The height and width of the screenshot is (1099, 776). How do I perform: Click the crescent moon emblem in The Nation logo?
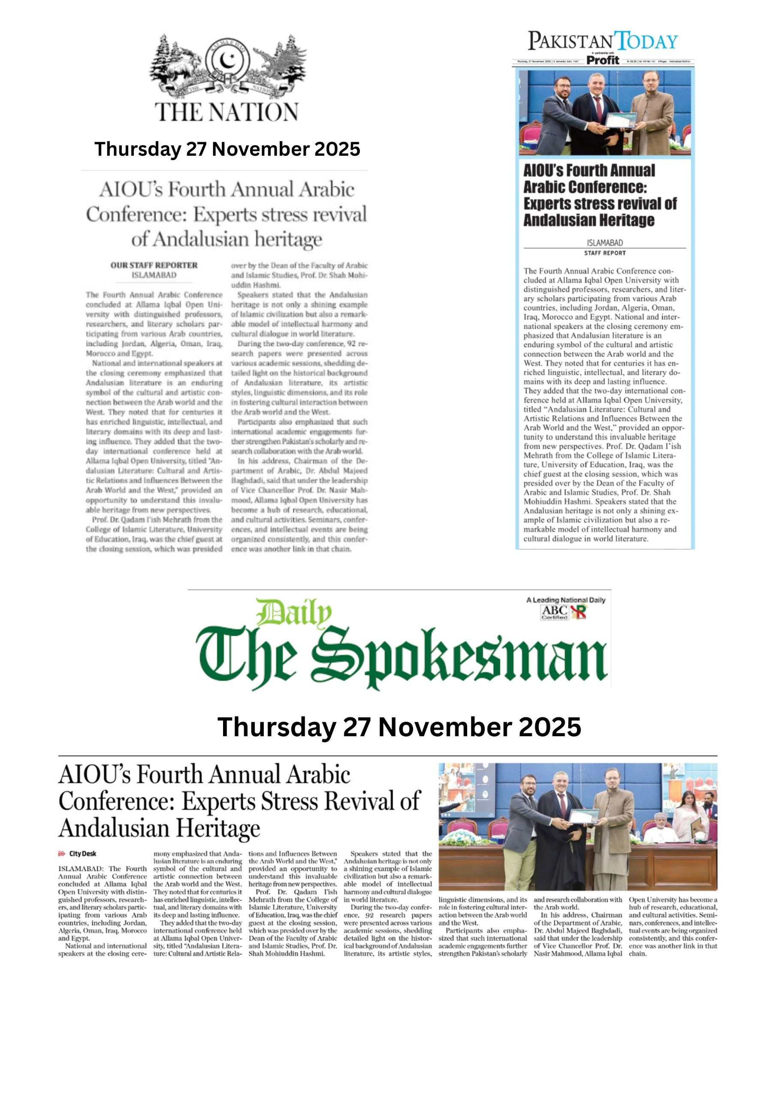pyautogui.click(x=227, y=60)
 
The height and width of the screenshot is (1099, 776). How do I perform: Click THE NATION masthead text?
pyautogui.click(x=227, y=112)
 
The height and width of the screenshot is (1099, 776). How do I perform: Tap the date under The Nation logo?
pyautogui.click(x=227, y=149)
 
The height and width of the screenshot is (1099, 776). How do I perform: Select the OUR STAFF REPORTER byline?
pyautogui.click(x=154, y=265)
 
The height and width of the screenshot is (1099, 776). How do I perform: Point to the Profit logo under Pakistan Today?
pyautogui.click(x=602, y=60)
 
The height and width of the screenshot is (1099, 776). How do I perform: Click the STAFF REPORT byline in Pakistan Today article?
pyautogui.click(x=604, y=253)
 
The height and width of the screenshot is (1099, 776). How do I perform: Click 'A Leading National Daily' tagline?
pyautogui.click(x=565, y=600)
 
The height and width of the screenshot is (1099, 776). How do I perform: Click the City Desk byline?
pyautogui.click(x=82, y=853)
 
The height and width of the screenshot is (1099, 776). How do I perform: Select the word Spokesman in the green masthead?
pyautogui.click(x=459, y=657)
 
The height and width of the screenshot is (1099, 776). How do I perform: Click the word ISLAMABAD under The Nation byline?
pyautogui.click(x=154, y=275)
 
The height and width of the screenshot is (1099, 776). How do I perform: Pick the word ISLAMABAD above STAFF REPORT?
pyautogui.click(x=604, y=243)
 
